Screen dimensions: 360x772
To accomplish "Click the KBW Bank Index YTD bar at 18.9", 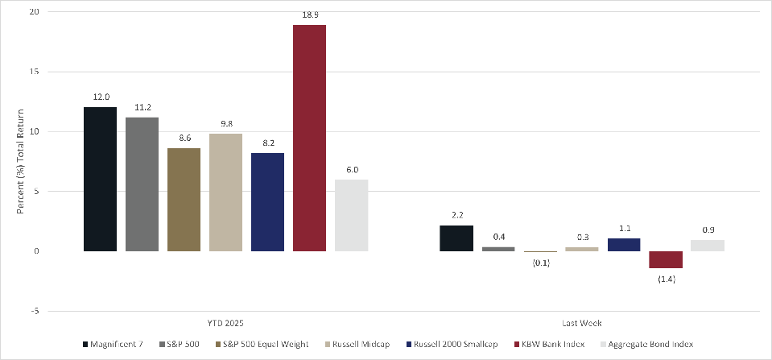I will point(309,138).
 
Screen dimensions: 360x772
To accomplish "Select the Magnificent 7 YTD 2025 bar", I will point(100,179).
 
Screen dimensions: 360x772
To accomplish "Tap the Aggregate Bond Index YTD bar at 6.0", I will point(351,215).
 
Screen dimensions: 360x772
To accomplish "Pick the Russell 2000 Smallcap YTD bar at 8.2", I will point(267,202).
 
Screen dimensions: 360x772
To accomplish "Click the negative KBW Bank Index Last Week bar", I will point(666,259).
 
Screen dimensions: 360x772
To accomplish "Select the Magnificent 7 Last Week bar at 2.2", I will point(456,238).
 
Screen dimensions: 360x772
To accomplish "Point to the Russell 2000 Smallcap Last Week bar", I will point(624,245).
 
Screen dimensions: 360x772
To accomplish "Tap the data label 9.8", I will point(225,122).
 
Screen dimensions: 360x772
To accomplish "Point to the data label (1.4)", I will point(666,278).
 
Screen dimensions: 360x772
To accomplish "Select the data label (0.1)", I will point(540,263).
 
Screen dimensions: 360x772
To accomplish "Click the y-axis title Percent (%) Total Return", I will point(20,161).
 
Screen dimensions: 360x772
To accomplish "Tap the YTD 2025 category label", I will point(226,324).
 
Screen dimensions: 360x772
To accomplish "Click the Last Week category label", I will point(582,324).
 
